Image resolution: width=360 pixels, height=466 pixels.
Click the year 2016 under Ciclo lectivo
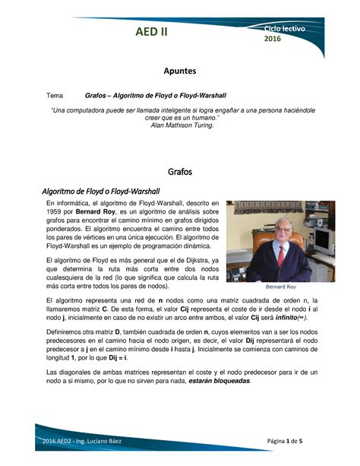click(272, 39)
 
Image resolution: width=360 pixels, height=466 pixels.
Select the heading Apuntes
click(180, 71)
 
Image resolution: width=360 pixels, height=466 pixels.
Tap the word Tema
click(55, 96)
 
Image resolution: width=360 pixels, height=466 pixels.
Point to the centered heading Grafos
click(180, 171)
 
